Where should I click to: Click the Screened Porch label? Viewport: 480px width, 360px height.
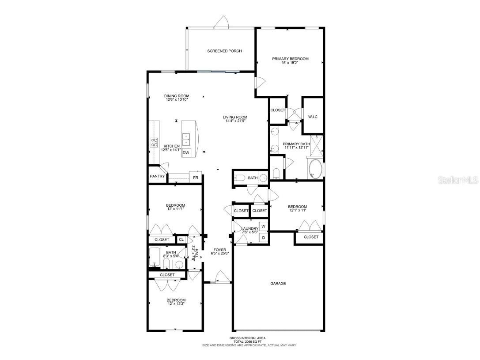pos(224,51)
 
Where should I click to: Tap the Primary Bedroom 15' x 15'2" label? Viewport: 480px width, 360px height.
pos(290,61)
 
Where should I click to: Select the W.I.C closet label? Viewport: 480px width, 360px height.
pos(312,117)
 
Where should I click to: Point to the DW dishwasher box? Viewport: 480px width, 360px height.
pos(186,153)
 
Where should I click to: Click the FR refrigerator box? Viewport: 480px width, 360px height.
pos(195,178)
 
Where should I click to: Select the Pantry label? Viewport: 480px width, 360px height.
pos(157,176)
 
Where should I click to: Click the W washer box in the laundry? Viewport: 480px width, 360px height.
pos(263,227)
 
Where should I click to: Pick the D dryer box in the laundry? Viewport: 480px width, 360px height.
pos(263,238)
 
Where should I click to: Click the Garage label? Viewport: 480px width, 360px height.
pos(278,284)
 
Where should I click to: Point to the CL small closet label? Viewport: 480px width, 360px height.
pos(181,240)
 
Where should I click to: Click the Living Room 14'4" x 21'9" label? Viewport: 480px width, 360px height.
pos(234,119)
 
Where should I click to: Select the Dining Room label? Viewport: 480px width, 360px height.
pos(177,98)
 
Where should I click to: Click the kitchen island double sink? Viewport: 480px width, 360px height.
pos(186,139)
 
